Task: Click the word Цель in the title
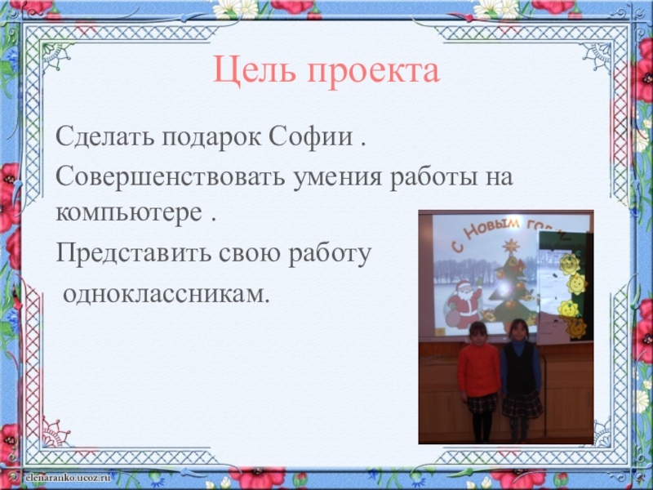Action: point(255,71)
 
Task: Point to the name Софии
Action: point(310,136)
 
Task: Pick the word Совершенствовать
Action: point(171,176)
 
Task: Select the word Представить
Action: point(133,253)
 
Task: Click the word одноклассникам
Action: point(164,295)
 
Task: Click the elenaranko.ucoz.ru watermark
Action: point(68,477)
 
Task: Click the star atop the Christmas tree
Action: point(510,246)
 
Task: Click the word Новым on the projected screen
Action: point(492,229)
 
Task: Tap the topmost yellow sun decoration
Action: point(570,264)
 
